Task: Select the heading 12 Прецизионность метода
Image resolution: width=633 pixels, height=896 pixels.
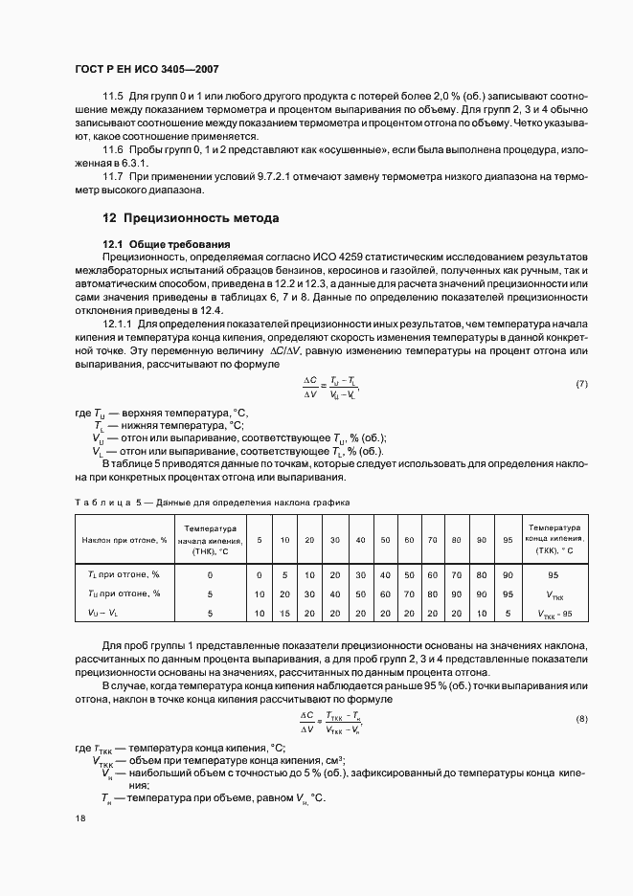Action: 191,218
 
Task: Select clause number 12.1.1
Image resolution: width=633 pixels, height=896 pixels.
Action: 117,325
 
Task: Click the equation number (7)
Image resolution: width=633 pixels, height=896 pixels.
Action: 581,384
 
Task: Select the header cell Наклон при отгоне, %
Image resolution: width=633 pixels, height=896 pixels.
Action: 124,540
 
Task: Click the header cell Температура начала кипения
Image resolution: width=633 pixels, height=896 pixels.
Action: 210,540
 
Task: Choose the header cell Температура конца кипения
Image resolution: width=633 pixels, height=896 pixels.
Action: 553,540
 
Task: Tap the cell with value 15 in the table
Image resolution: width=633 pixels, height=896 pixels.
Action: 284,613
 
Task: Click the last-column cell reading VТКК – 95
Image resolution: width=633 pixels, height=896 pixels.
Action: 553,613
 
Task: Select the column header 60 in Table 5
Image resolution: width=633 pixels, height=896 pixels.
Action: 409,540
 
